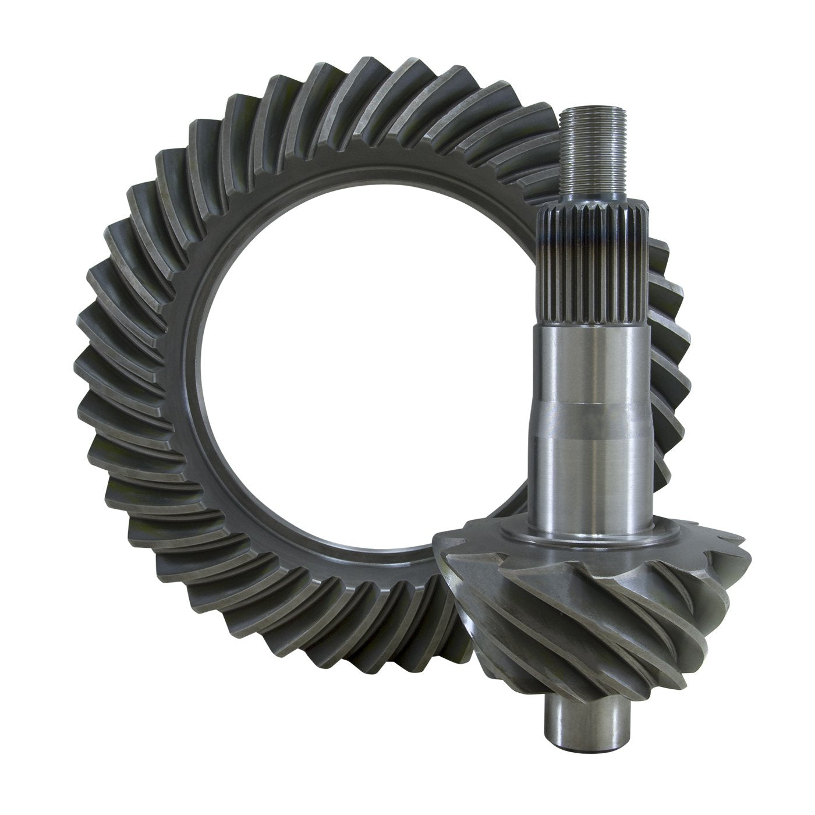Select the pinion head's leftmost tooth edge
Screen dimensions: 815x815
[442, 582]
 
